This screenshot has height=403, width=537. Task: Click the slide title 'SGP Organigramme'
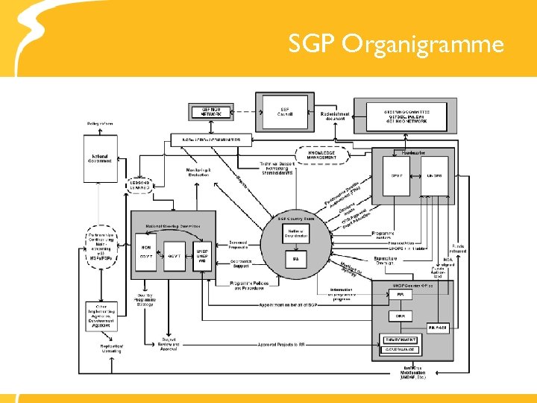[x=396, y=45]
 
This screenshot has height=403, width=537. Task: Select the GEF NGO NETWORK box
[x=211, y=111]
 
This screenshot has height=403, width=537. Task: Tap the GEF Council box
[x=284, y=111]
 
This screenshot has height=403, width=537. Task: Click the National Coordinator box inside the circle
[x=295, y=234]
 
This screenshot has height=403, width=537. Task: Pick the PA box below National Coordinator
[x=295, y=259]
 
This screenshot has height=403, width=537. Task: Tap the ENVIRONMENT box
[x=401, y=340]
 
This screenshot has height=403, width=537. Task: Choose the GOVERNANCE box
[x=401, y=349]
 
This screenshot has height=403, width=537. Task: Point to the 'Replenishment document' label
[x=333, y=115]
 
